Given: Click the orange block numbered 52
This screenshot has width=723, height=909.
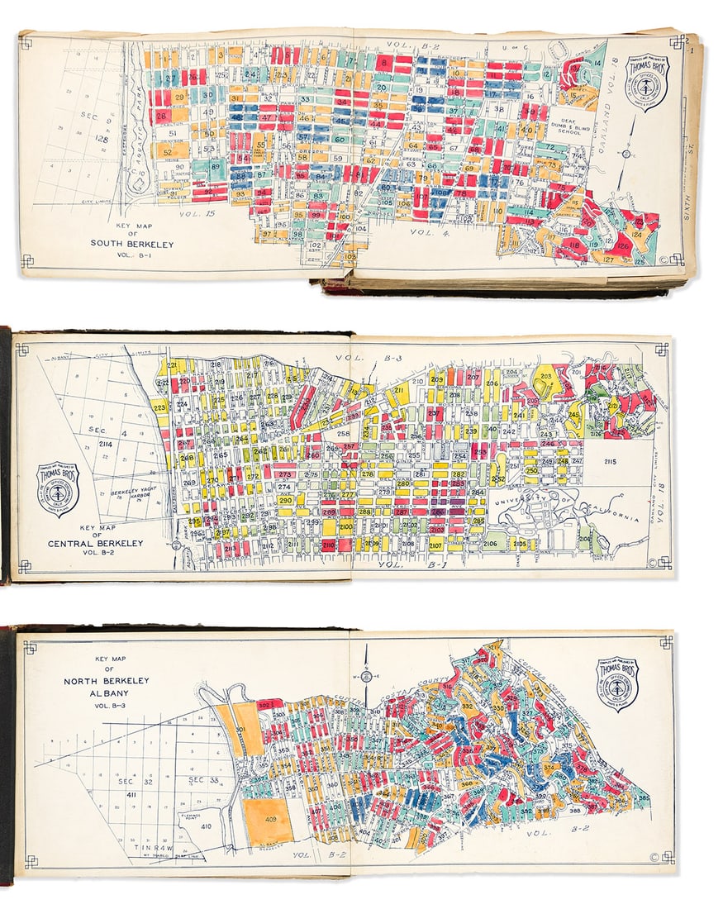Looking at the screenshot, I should click(166, 151).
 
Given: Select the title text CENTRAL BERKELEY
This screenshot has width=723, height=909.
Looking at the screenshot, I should click(107, 544).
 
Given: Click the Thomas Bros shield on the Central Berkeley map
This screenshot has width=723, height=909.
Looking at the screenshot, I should click(59, 489).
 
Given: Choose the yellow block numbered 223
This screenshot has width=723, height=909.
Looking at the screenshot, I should click(159, 407).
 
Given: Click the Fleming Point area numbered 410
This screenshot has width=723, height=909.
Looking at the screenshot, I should click(206, 826).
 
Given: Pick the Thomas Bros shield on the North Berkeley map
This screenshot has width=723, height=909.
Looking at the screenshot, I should click(617, 683).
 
